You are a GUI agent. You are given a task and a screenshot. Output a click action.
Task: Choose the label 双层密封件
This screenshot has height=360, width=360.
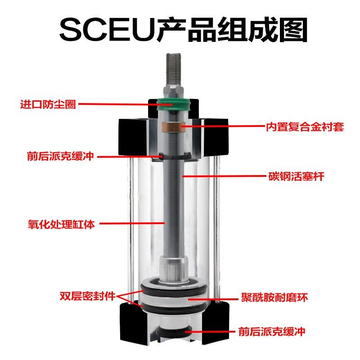pos(88,297)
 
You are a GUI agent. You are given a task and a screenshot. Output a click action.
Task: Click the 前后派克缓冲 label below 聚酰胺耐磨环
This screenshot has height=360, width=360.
pos(278,333)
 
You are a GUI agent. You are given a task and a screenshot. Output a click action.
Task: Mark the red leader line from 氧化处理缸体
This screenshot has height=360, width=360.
pos(130,223)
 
